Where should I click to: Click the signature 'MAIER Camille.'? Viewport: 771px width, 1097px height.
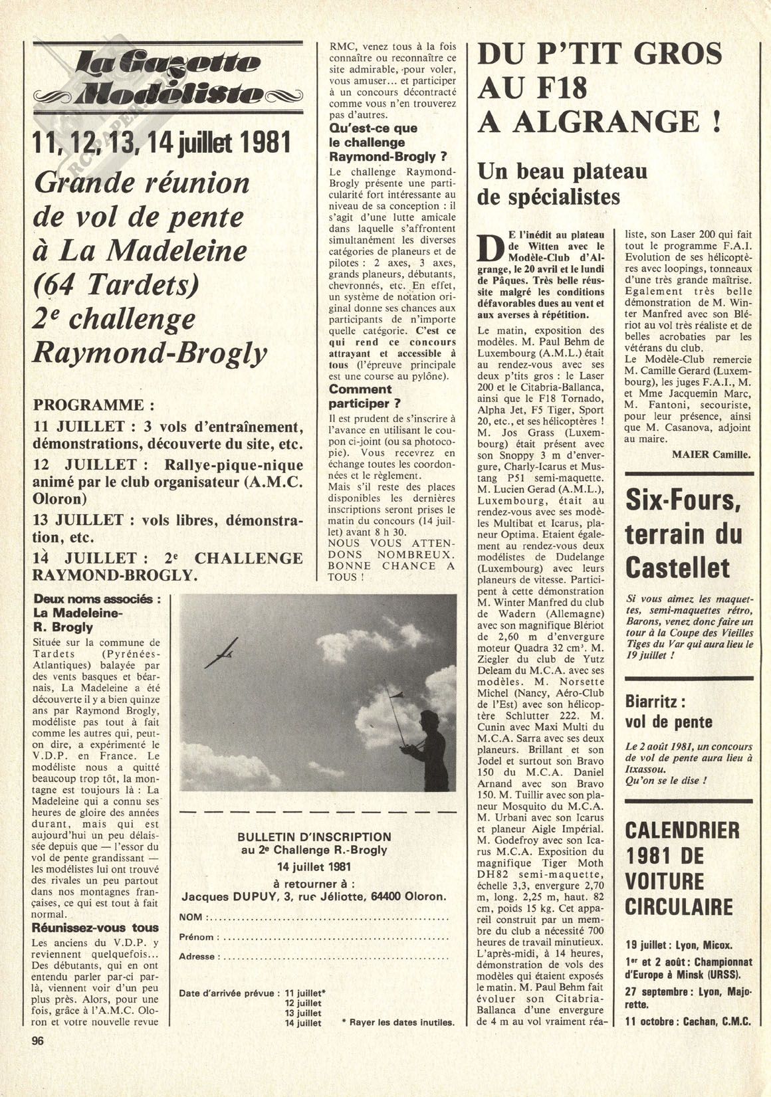pyautogui.click(x=711, y=455)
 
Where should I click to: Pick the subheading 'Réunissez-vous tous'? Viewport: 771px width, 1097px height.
pyautogui.click(x=96, y=928)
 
